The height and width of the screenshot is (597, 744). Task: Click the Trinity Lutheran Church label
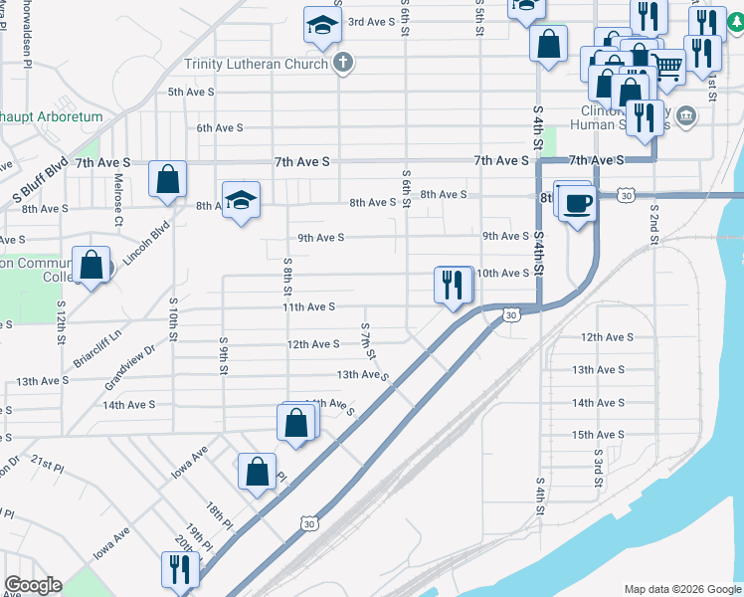(x=256, y=65)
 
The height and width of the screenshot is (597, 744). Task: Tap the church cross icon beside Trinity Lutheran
(x=343, y=65)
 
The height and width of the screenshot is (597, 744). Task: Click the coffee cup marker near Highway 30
(x=578, y=204)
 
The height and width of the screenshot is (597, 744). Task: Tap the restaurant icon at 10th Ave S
(x=454, y=285)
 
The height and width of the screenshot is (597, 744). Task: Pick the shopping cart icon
(x=667, y=67)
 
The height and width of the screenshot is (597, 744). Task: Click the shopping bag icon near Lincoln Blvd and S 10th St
(x=168, y=180)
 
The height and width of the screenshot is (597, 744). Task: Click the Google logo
(x=33, y=585)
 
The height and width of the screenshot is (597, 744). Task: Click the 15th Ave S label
(x=597, y=435)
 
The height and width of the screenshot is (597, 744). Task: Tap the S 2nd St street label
(x=654, y=229)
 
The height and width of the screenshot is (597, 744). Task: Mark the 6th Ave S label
(x=220, y=127)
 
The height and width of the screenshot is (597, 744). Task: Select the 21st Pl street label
(x=47, y=465)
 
